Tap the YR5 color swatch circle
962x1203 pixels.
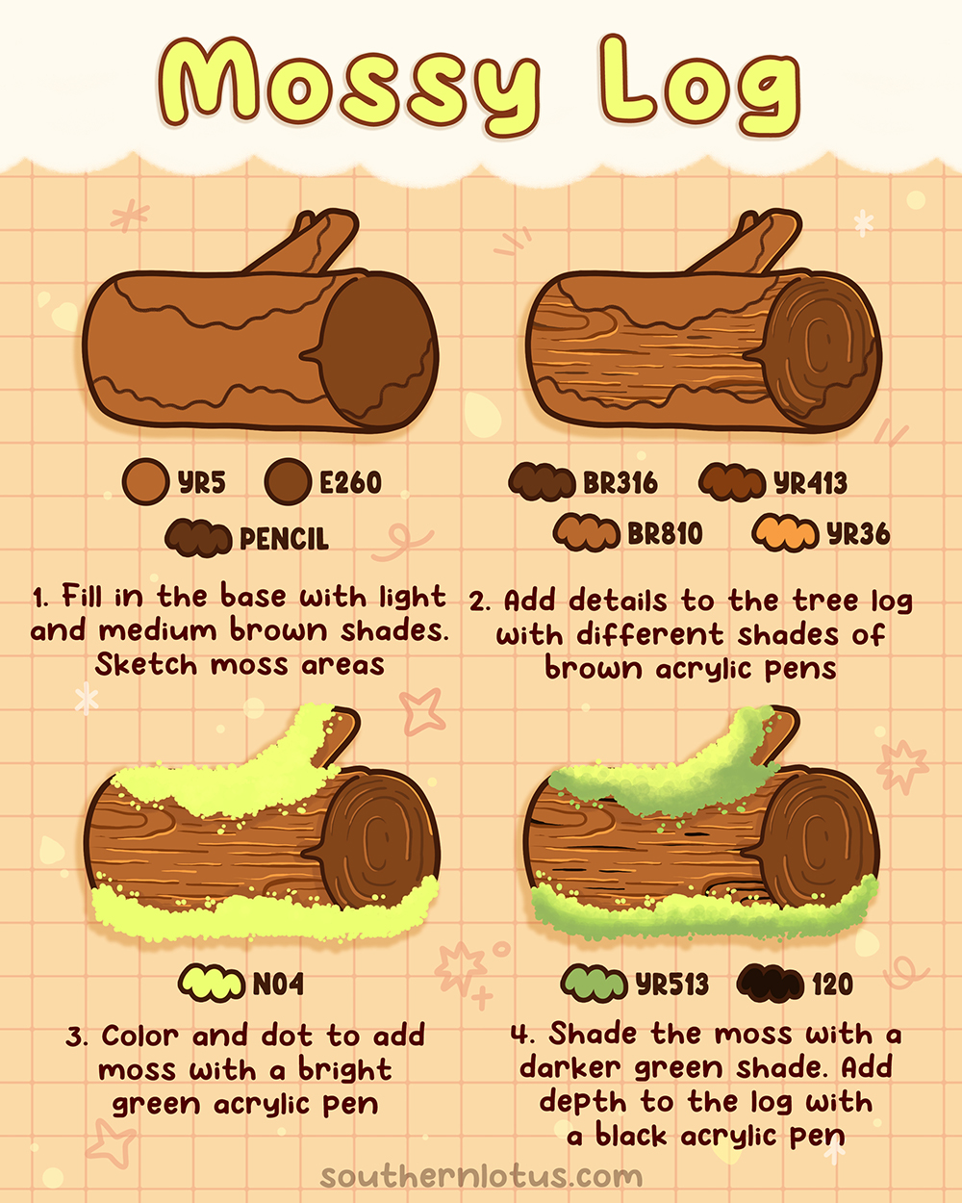[x=146, y=481]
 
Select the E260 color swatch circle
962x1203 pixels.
[x=288, y=481]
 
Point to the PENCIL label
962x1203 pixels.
[x=284, y=538]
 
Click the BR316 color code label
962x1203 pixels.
[x=620, y=482]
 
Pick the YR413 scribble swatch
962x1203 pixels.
[x=732, y=482]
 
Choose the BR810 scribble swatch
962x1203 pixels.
[x=586, y=533]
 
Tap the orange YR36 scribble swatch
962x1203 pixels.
[x=785, y=533]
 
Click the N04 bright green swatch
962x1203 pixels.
[x=211, y=984]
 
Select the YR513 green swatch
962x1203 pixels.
[x=594, y=984]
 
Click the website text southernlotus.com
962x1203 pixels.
[x=481, y=1175]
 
